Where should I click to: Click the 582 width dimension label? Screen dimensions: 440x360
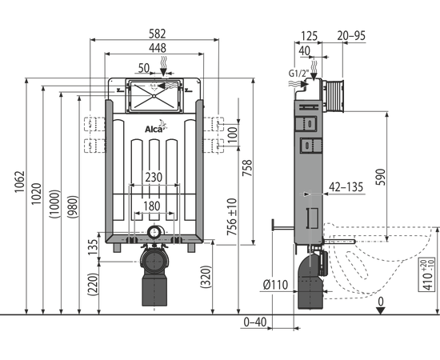[x=157, y=34]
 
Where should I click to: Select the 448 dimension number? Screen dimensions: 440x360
[x=158, y=48]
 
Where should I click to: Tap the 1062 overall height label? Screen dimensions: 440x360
[x=20, y=182]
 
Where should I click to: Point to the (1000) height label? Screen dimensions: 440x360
[x=54, y=204]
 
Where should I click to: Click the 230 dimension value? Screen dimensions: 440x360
[x=154, y=178]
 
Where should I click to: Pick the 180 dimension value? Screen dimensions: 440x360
[x=152, y=206]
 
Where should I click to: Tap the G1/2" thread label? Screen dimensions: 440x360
[x=299, y=74]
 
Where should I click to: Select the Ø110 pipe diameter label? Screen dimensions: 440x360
[x=275, y=285]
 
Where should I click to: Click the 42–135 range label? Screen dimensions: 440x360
[x=346, y=187]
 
